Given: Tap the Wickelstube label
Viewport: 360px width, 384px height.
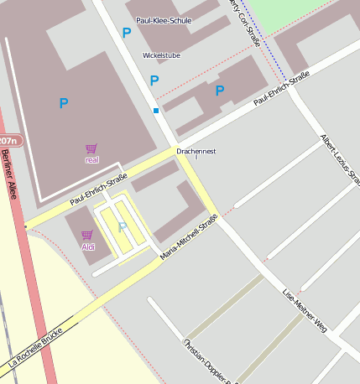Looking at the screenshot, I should [x=161, y=55].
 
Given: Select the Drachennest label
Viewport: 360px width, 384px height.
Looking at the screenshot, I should [x=196, y=151].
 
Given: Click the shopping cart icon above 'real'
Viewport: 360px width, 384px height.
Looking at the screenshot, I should [x=91, y=148].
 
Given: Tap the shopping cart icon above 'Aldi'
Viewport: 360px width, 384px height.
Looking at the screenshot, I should [x=86, y=236].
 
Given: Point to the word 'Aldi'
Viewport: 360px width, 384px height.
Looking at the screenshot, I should [x=88, y=247].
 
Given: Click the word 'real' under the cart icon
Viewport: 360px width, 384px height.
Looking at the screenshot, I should [x=92, y=159].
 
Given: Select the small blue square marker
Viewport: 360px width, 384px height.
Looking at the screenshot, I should [x=155, y=110].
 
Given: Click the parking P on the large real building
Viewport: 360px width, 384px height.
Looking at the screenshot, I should [x=63, y=103].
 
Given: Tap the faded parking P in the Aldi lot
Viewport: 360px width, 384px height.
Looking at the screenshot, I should [x=123, y=226].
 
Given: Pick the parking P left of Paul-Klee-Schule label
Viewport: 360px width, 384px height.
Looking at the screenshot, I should [x=127, y=33].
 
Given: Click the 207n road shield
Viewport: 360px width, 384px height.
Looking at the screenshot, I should [x=8, y=140].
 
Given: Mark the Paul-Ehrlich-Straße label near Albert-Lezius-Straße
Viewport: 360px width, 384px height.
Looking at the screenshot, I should [x=281, y=88].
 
